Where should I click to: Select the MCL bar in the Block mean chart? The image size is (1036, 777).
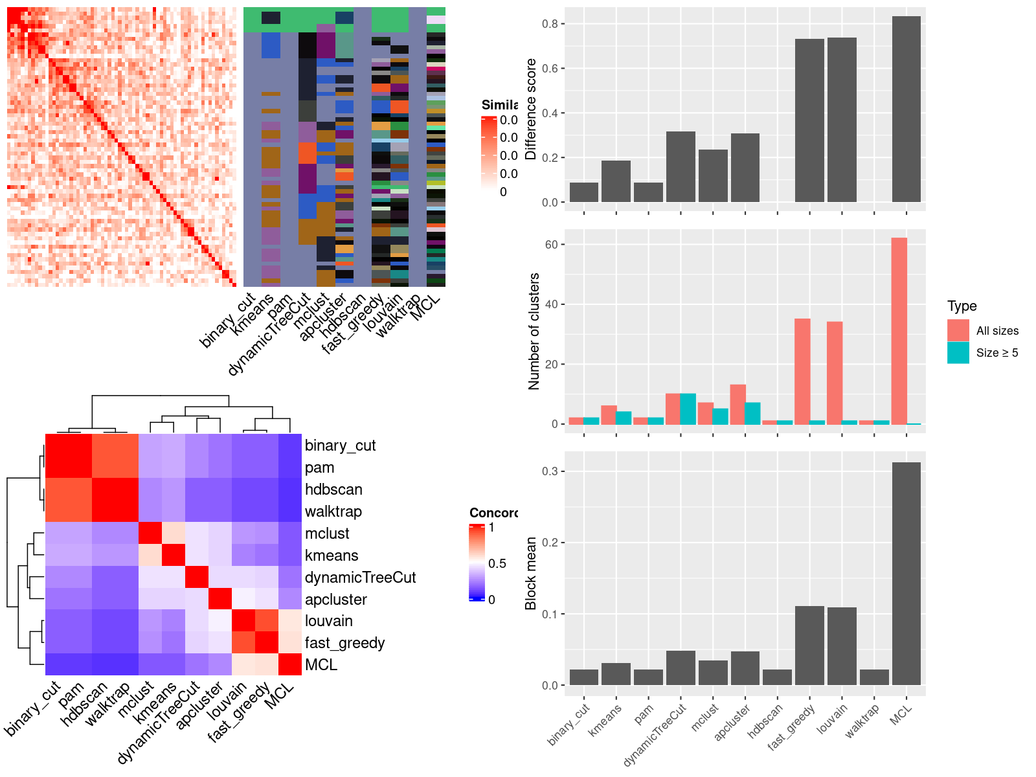point(906,573)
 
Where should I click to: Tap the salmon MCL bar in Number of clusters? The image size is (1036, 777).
point(899,331)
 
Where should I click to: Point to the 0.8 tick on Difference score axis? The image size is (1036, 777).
point(550,24)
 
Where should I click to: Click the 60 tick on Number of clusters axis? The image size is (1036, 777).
point(552,245)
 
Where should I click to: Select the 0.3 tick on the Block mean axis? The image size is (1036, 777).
point(550,471)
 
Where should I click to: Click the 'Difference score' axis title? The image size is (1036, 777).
point(531,109)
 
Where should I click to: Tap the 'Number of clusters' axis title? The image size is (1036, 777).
point(534,331)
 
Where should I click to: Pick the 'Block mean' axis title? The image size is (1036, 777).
point(531,573)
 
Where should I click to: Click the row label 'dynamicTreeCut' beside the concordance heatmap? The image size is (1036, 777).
point(360,578)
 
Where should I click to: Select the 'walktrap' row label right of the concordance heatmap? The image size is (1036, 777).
point(333,512)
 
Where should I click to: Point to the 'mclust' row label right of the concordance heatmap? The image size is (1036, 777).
point(327,534)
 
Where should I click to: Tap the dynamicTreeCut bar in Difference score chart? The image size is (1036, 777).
point(681,166)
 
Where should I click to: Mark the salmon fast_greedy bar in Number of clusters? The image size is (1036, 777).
point(802,371)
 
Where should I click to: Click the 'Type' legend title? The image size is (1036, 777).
point(962,306)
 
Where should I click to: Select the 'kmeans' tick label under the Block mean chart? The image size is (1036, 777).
point(605,719)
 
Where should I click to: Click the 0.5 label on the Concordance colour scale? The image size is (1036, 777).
point(497,563)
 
